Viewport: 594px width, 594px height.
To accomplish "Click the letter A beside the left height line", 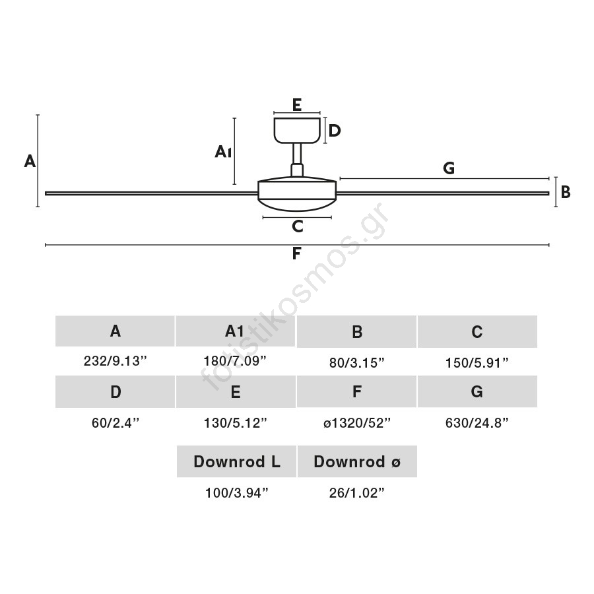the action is click(x=30, y=161).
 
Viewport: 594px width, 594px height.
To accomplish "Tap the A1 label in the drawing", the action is click(x=223, y=152).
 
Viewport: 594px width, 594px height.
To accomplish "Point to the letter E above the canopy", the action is click(x=297, y=104).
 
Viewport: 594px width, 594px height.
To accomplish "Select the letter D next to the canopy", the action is click(x=335, y=131).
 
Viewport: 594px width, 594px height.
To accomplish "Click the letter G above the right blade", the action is click(x=449, y=168).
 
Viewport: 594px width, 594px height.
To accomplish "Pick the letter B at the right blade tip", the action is click(x=566, y=192).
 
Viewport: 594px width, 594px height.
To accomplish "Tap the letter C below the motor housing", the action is click(x=298, y=226).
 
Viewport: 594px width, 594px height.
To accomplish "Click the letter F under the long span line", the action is click(x=296, y=253).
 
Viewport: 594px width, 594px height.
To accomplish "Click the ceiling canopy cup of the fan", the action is click(x=297, y=130).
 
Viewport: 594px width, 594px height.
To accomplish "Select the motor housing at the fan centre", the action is click(x=297, y=193).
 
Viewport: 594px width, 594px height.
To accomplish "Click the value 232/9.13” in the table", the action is click(x=115, y=360).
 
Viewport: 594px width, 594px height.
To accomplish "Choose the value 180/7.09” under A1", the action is click(x=235, y=360).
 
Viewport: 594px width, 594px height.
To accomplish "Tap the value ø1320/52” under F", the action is click(x=357, y=423).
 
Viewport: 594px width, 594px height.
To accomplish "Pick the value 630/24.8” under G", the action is click(x=477, y=423).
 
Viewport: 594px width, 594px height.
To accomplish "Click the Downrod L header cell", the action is click(x=236, y=461).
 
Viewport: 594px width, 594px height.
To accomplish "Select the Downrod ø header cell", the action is click(x=357, y=461).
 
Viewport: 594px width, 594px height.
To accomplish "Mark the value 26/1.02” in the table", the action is click(x=357, y=493).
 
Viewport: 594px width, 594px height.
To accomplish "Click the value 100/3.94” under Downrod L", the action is click(x=237, y=493).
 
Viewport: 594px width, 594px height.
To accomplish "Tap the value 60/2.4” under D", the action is click(x=115, y=423).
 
